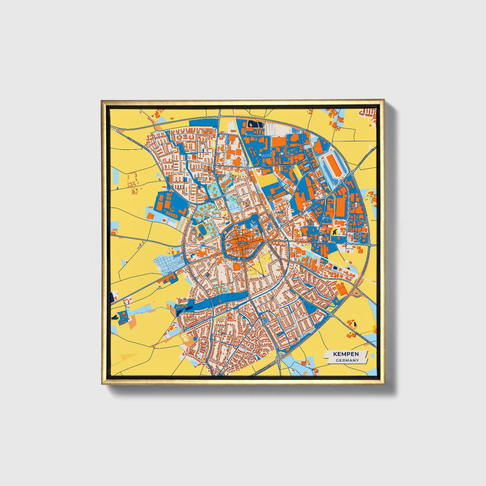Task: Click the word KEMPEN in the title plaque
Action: pyautogui.click(x=346, y=354)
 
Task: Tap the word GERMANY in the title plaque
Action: pyautogui.click(x=346, y=360)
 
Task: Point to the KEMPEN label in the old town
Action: pyautogui.click(x=242, y=242)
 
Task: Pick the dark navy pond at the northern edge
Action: pyautogui.click(x=256, y=124)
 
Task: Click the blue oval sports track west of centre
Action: pyautogui.click(x=203, y=230)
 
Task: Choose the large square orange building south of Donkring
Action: pyautogui.click(x=237, y=267)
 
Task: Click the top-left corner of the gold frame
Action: pyautogui.click(x=102, y=101)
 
